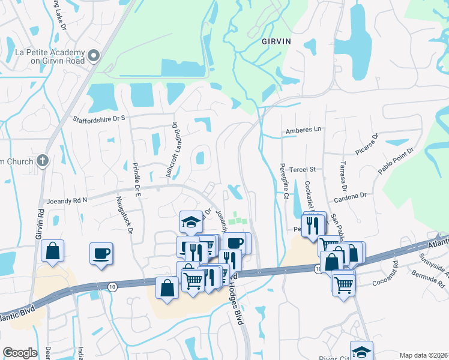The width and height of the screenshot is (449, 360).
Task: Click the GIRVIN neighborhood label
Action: [x=276, y=41]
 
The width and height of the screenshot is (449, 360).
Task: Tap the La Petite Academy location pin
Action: [x=93, y=56]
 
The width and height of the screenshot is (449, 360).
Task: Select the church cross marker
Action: [x=42, y=160]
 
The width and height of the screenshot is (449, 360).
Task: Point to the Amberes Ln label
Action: [x=304, y=129]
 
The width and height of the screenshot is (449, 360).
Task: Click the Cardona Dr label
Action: [x=351, y=196]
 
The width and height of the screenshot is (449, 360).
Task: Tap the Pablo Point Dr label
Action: [x=396, y=161]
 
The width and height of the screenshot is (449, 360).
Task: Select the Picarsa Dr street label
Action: [x=367, y=145]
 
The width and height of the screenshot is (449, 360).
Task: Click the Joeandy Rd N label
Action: [x=62, y=200]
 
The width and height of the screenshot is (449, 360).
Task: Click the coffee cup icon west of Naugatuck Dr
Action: [x=101, y=253]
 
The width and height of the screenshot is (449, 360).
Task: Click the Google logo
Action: [x=20, y=353]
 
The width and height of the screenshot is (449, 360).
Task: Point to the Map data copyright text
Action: [x=424, y=355]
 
